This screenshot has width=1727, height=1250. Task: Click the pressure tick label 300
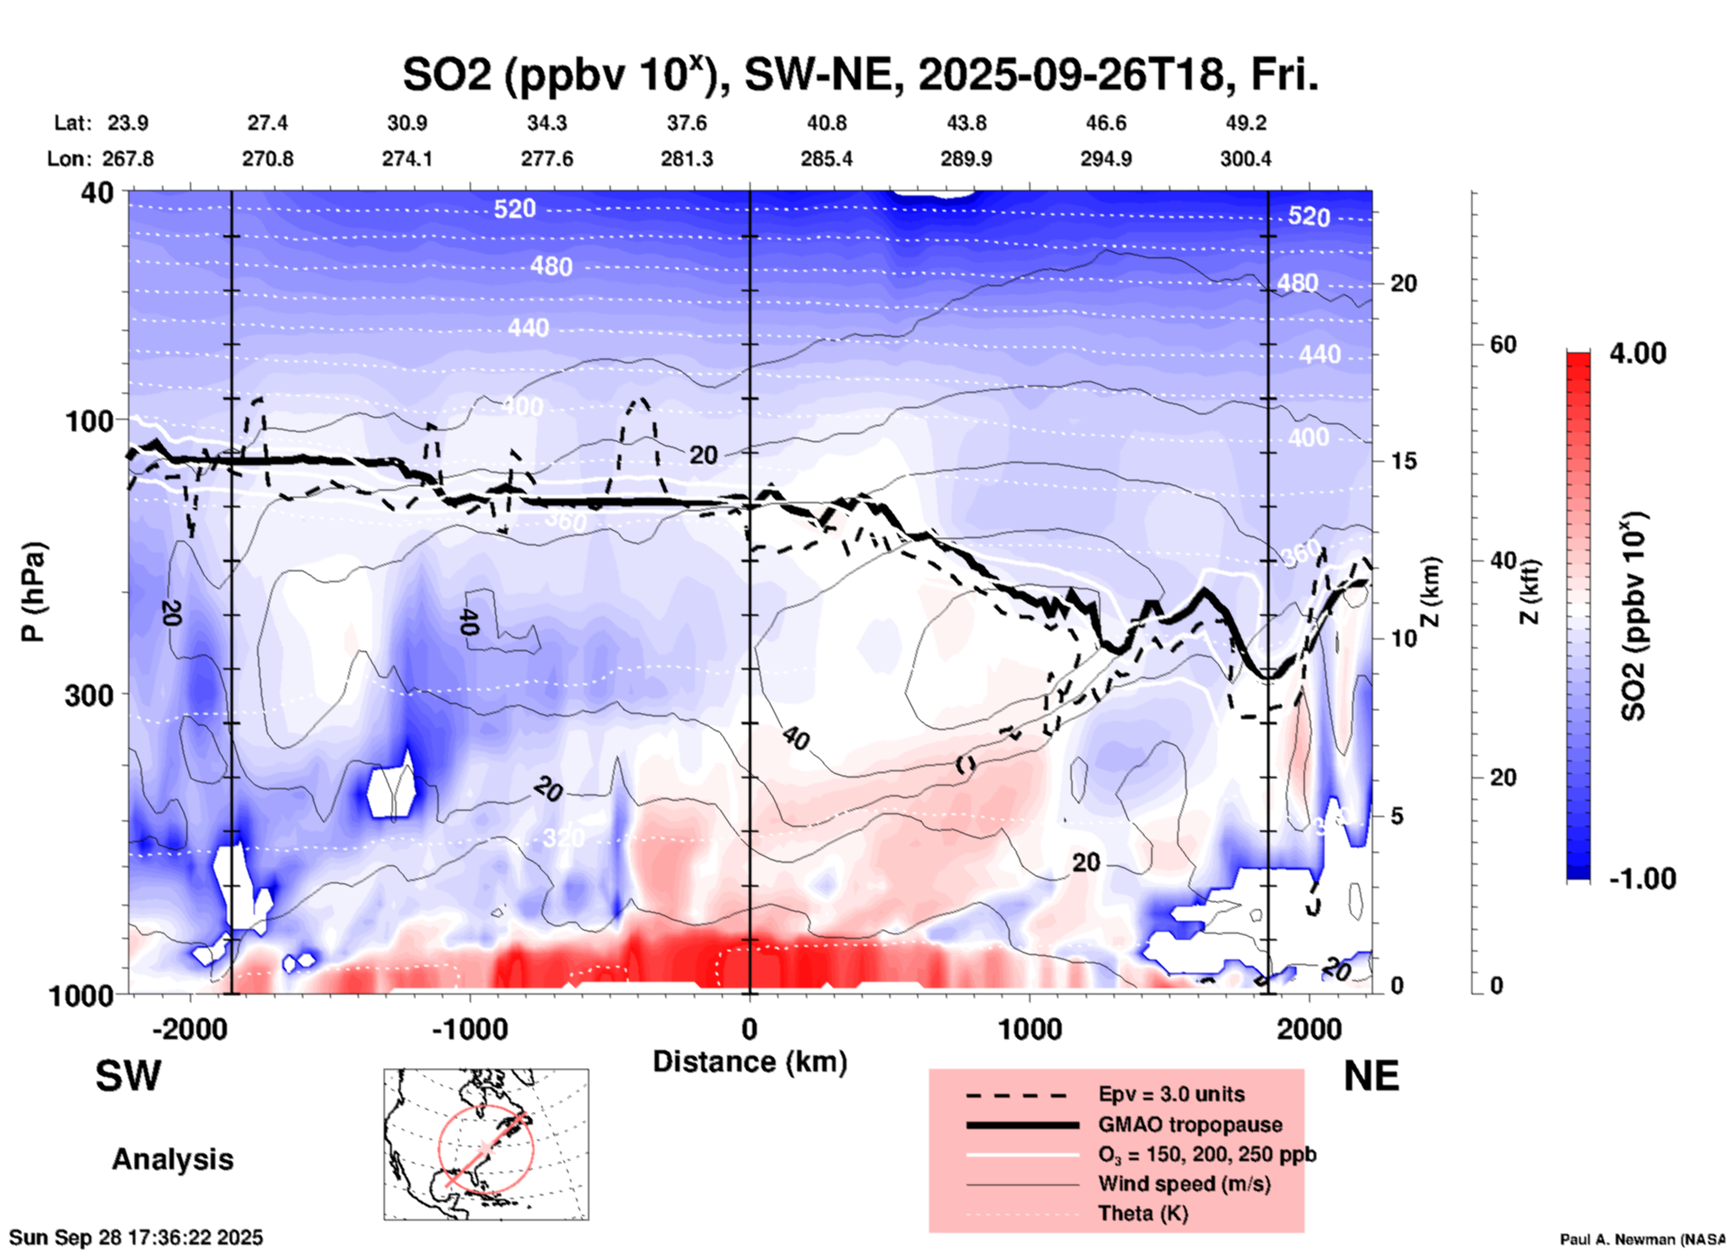[89, 695]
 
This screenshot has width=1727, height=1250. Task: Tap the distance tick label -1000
[470, 1029]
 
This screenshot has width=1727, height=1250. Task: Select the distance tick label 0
[750, 1029]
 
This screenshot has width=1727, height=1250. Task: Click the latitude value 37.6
[687, 123]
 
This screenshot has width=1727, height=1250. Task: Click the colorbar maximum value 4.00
[1637, 353]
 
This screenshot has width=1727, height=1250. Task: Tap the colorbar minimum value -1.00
[1642, 879]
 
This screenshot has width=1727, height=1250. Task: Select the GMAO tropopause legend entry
[1190, 1124]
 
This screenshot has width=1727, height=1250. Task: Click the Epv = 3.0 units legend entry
[1171, 1095]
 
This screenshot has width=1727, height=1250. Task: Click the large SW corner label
[128, 1076]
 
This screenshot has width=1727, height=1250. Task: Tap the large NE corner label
[1371, 1076]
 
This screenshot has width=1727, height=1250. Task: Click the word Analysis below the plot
[172, 1159]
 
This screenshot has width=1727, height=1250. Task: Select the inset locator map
[486, 1144]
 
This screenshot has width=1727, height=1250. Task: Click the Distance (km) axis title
[750, 1062]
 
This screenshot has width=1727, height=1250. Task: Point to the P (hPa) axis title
[33, 592]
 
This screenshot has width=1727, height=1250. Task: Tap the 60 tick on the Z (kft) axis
[1502, 344]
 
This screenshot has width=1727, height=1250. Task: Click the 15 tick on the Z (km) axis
[1403, 461]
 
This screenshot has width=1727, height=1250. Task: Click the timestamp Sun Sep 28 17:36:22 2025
[136, 1238]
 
